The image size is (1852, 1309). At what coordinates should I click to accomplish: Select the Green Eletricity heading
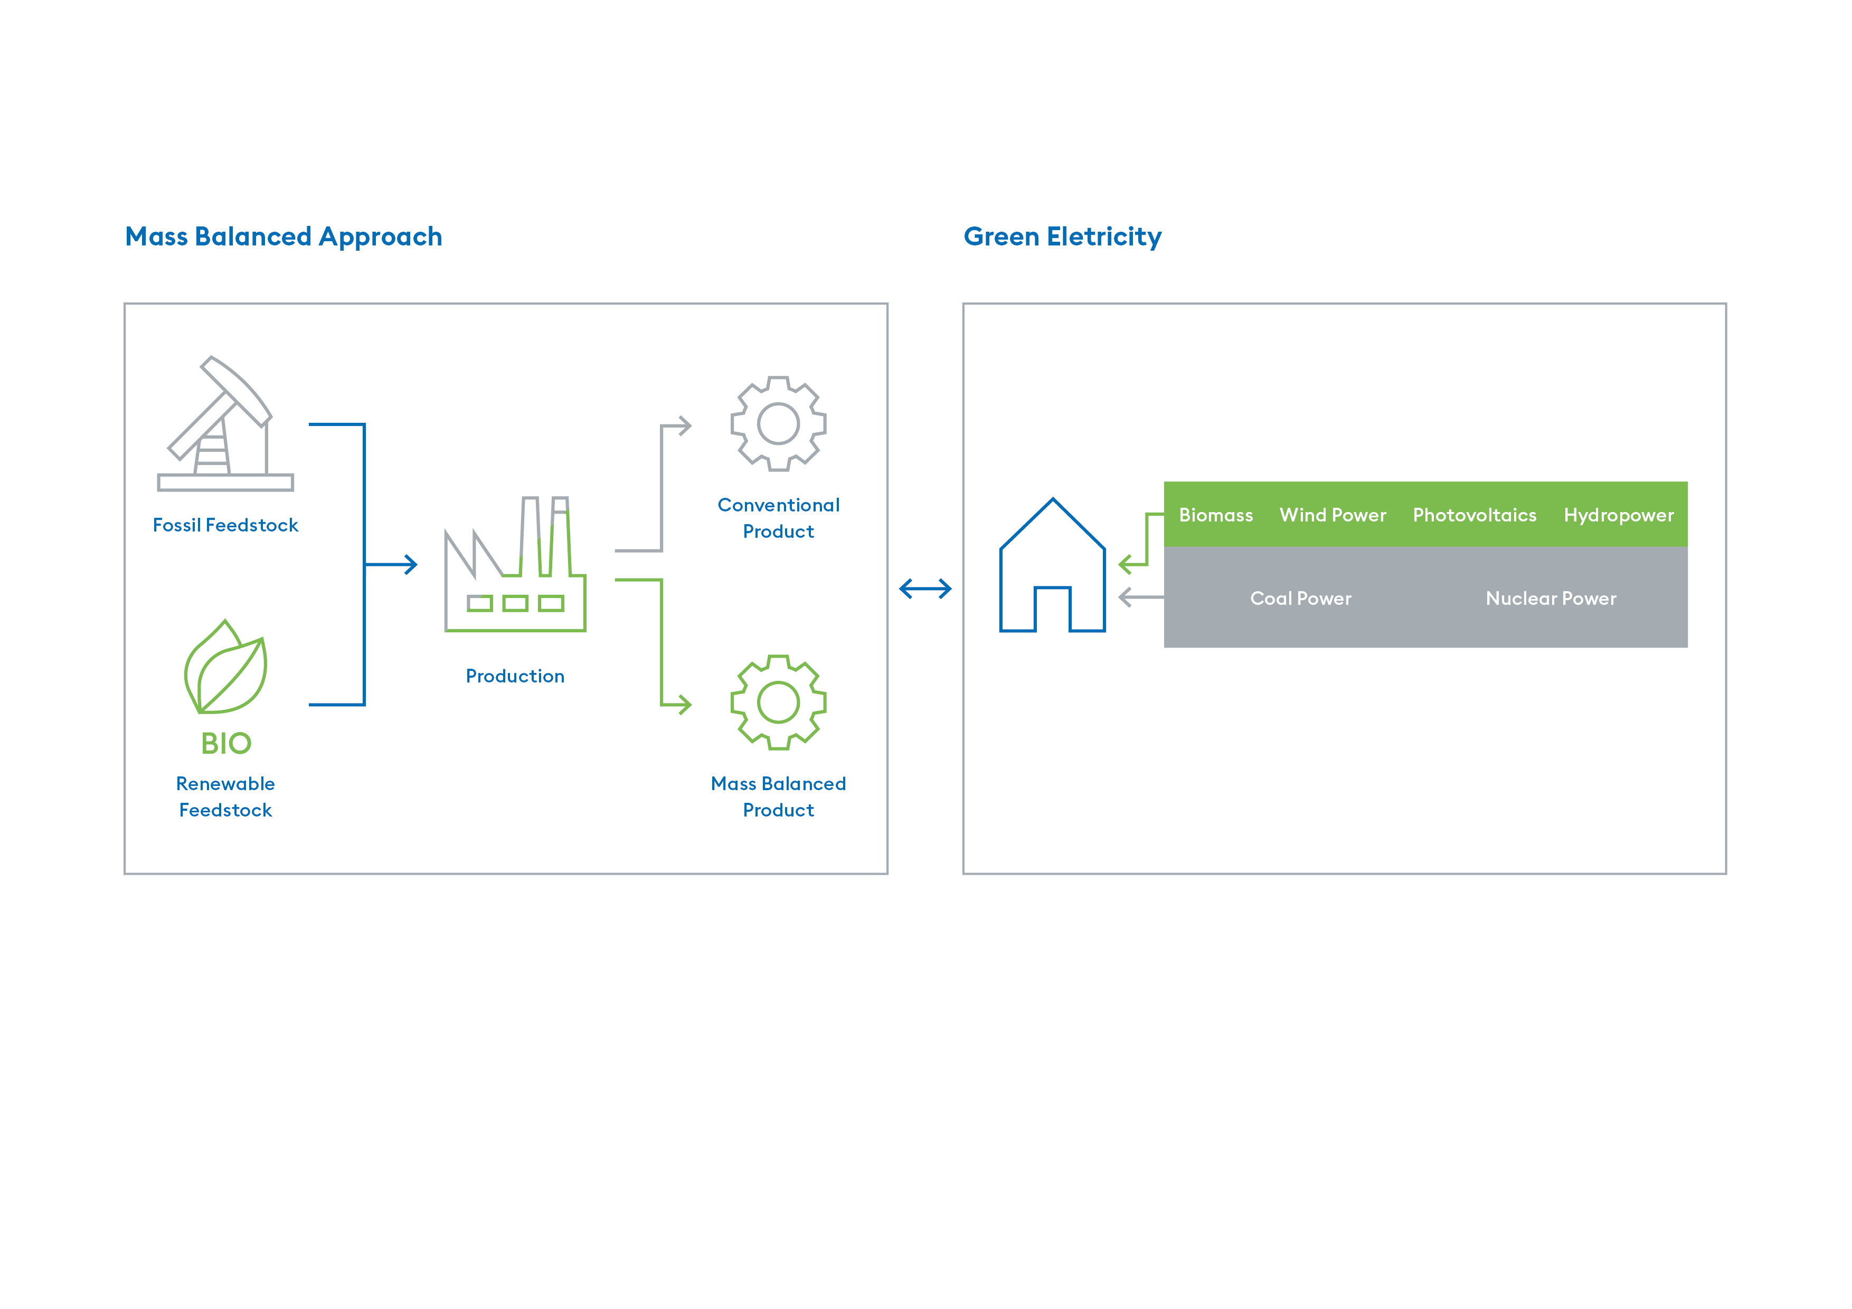click(x=1062, y=237)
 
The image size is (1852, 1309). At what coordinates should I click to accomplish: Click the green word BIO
click(x=226, y=743)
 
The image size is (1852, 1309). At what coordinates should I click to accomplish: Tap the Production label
click(x=515, y=676)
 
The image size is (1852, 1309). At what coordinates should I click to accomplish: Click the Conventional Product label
click(x=778, y=518)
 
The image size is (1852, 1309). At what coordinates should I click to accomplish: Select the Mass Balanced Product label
click(x=778, y=797)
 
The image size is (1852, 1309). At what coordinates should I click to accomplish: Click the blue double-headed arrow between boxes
click(x=925, y=589)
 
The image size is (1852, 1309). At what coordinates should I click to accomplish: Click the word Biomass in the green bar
click(x=1216, y=515)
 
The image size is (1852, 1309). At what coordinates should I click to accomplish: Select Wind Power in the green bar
click(x=1333, y=515)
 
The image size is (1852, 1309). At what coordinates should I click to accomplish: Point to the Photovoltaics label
click(x=1475, y=515)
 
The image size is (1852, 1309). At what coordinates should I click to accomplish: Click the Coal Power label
click(x=1300, y=599)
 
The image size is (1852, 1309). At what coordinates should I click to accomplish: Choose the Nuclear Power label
click(x=1551, y=599)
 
